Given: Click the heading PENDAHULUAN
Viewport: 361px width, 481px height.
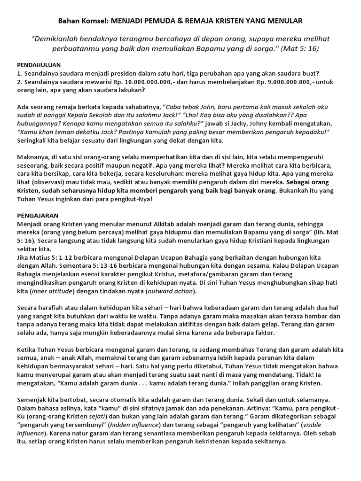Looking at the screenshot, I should click(x=39, y=65).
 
